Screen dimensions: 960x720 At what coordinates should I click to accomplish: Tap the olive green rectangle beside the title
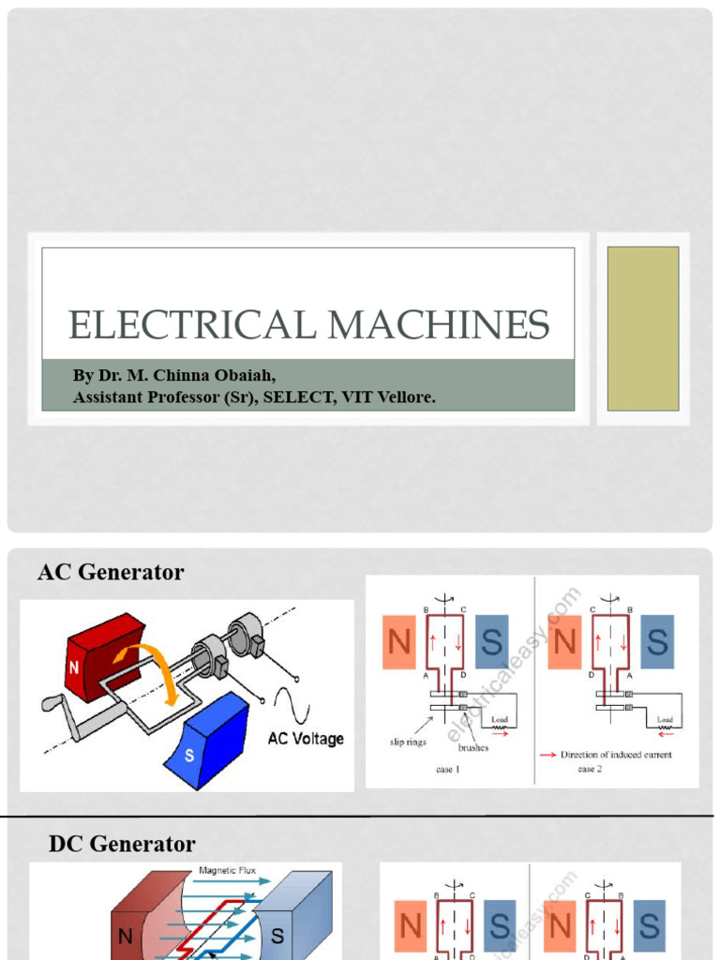642,328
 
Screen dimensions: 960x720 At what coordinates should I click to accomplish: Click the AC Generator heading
111,572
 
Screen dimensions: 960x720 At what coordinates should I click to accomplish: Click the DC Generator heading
122,844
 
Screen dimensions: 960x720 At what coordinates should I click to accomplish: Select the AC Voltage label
306,739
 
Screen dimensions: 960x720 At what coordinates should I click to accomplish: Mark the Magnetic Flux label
227,871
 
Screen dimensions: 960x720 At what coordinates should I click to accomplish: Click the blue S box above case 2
657,641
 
